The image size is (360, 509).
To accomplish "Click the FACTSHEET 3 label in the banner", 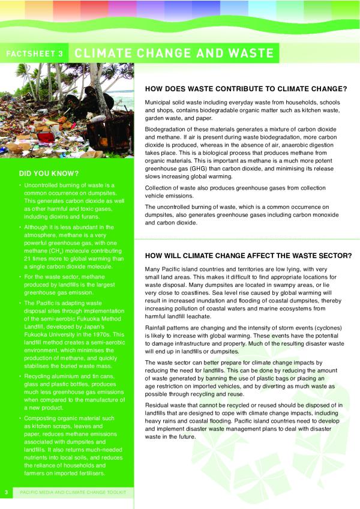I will click(34, 53).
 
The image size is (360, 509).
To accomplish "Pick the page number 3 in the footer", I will click(5, 493).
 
